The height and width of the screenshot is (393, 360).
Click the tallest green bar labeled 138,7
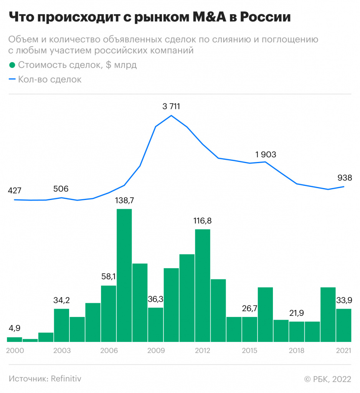[x=124, y=275]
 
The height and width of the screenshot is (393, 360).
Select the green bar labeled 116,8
[x=202, y=285]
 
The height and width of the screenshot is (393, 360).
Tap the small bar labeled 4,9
[x=15, y=339]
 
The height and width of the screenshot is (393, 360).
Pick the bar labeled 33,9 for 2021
[x=343, y=325]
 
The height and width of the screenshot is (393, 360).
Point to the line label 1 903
[x=266, y=155]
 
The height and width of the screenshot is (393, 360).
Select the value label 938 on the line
[x=345, y=178]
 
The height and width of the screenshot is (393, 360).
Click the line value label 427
[x=15, y=190]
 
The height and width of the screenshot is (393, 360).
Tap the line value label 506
[x=61, y=189]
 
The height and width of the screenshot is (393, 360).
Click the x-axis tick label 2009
[x=155, y=351]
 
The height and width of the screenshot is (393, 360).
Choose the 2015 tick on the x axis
[x=249, y=351]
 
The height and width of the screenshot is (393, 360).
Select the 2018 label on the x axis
[x=296, y=351]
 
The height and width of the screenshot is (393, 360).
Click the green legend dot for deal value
[x=12, y=65]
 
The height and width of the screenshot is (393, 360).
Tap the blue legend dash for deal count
[x=12, y=80]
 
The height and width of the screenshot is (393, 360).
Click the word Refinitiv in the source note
[x=65, y=378]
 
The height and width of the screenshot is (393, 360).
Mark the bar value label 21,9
[x=297, y=313]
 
